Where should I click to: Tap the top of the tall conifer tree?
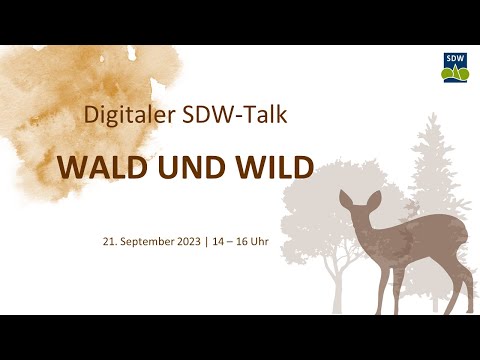430,120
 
